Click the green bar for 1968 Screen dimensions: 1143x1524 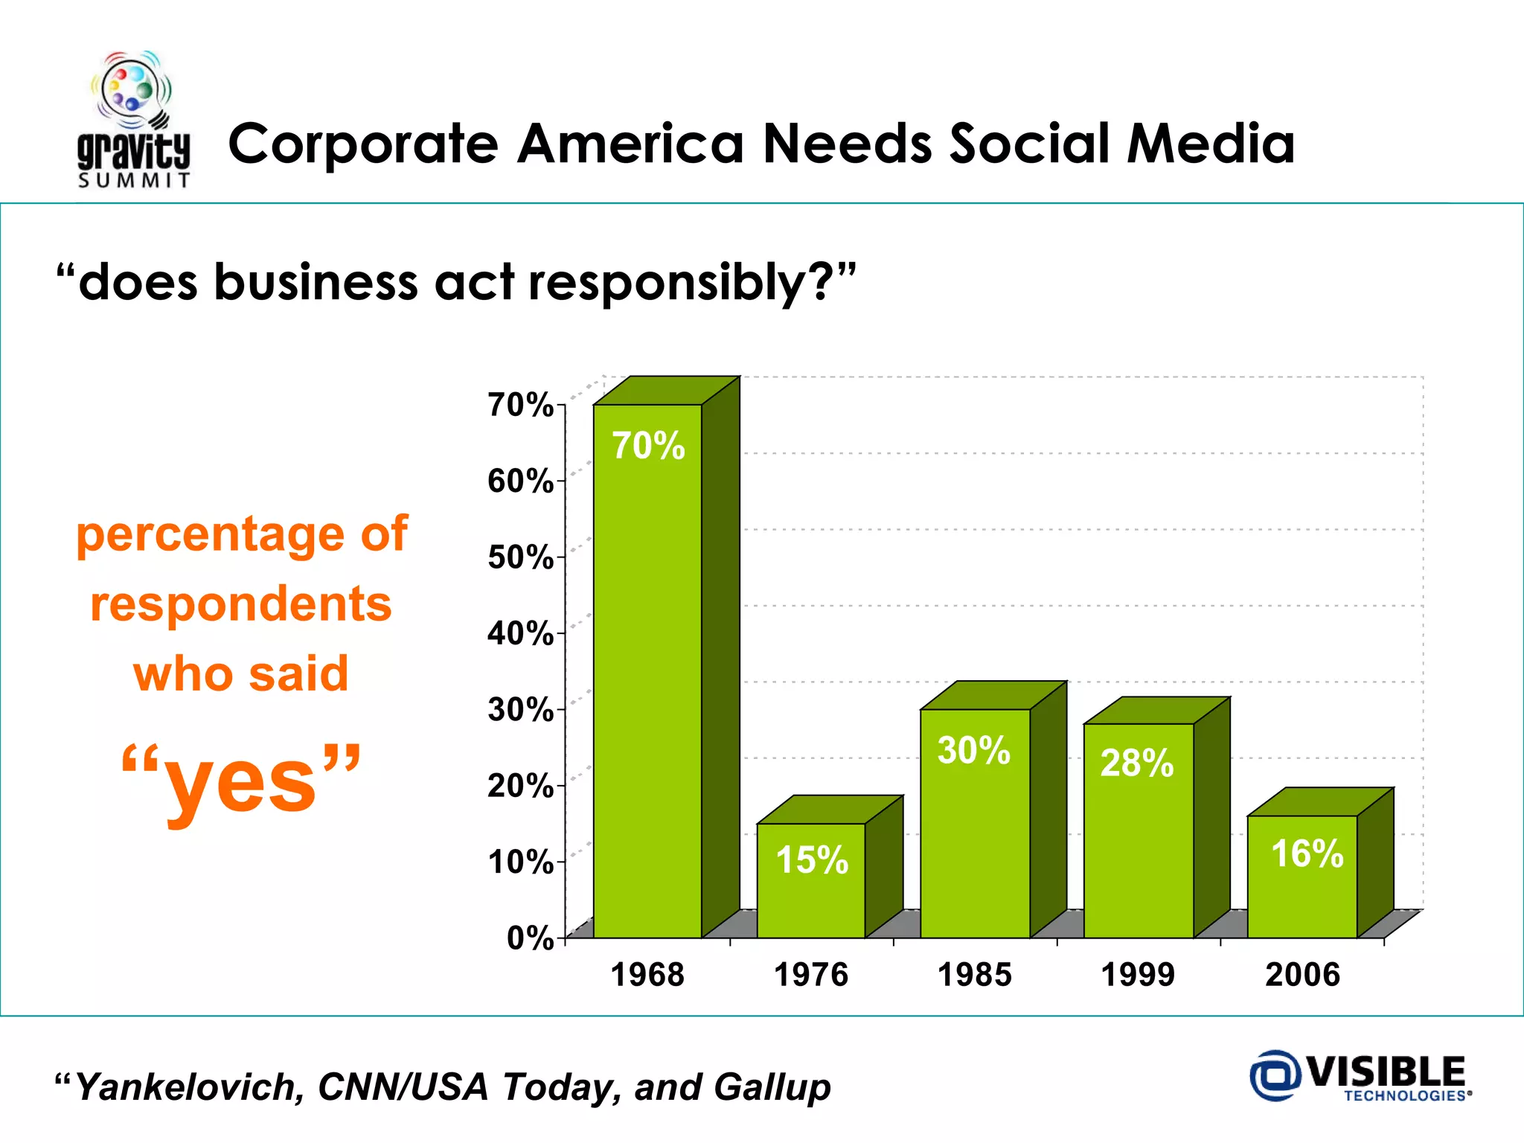647,670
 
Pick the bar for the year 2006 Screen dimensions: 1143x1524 1302,893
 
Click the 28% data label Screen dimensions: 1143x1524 1137,763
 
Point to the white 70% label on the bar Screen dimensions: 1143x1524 648,446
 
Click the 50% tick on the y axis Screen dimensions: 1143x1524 520,557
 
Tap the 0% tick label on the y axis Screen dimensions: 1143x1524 530,938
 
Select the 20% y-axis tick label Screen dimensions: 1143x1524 520,786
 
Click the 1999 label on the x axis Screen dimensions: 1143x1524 1138,975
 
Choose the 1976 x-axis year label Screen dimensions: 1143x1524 811,975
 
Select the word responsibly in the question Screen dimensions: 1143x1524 667,283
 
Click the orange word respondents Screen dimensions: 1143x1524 241,603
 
